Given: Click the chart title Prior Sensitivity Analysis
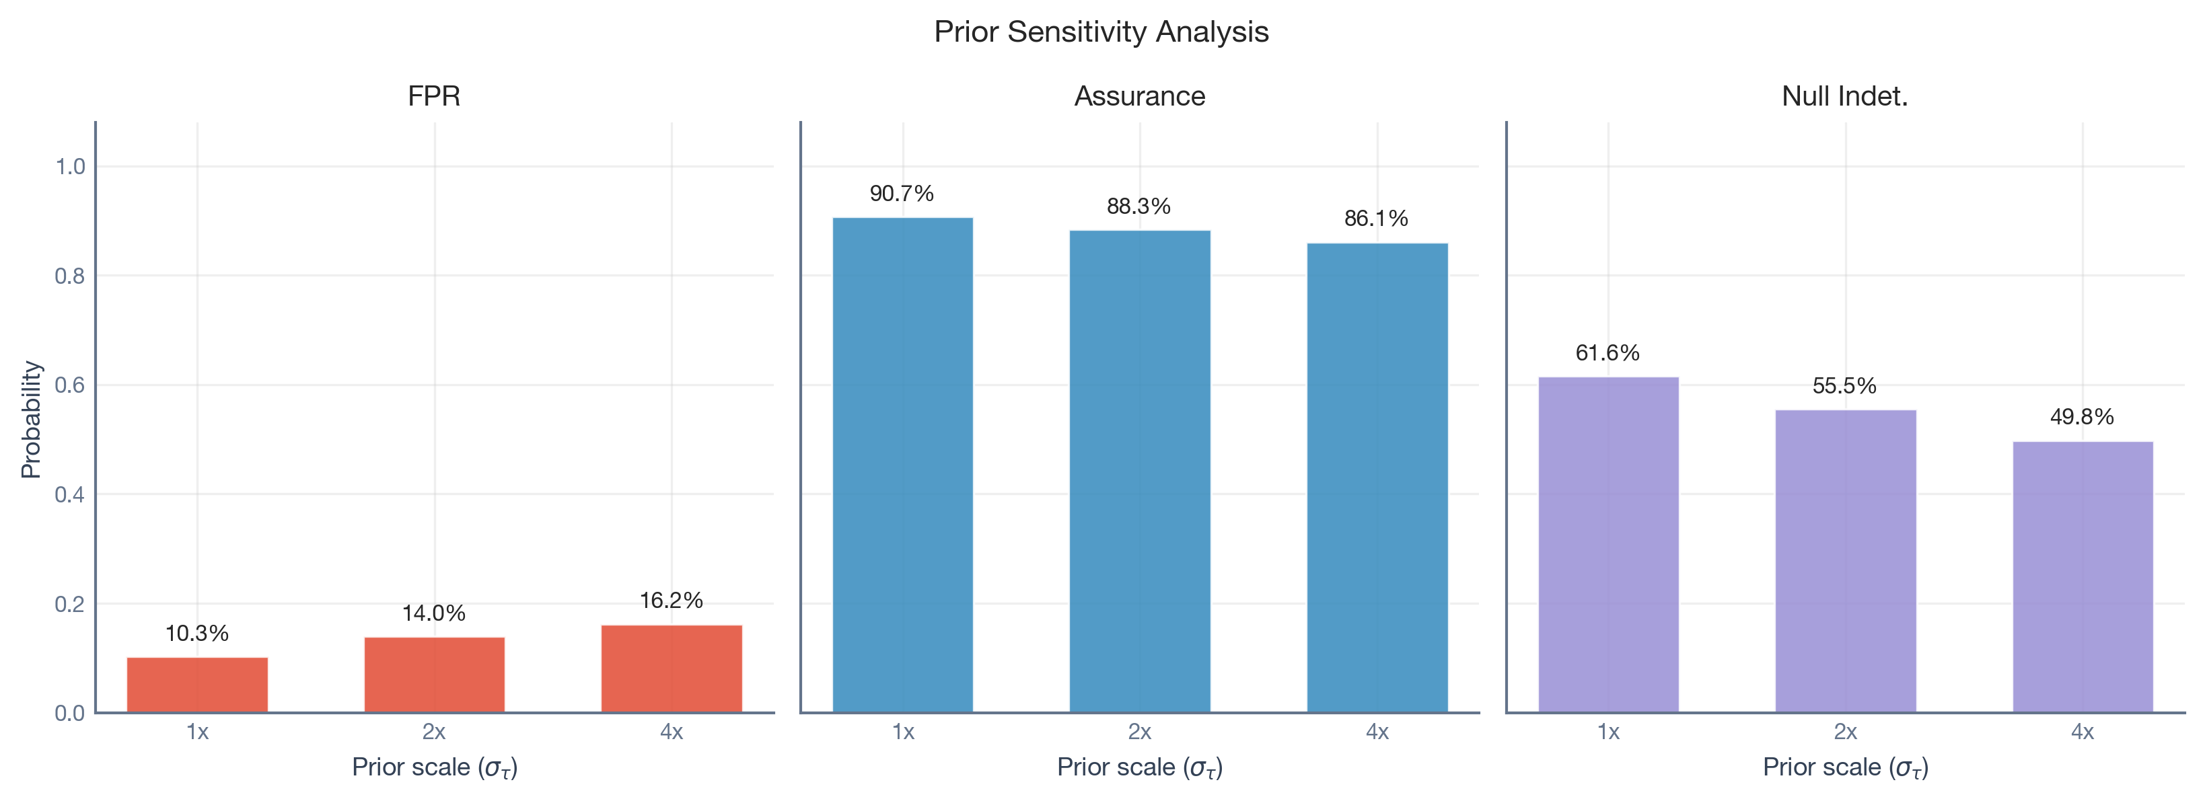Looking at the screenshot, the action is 1101,32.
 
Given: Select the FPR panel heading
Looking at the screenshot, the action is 434,96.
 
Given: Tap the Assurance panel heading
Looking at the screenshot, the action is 1139,96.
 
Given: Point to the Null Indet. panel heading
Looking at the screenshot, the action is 1844,96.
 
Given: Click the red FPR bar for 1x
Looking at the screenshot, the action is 197,685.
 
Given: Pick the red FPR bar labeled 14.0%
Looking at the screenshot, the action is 434,675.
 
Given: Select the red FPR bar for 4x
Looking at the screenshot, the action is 671,669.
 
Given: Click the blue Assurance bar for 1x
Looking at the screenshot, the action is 902,465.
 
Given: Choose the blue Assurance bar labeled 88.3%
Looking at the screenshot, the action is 1139,471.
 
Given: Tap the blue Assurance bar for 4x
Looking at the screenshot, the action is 1377,478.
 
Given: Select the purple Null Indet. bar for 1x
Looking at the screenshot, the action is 1608,544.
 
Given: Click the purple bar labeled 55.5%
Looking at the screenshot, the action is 1846,560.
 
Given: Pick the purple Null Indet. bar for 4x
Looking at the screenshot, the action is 2083,577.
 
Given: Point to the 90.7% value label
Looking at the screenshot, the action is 902,194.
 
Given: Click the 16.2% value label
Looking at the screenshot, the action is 671,600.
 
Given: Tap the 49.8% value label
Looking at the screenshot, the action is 2082,417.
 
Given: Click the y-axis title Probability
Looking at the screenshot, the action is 31,418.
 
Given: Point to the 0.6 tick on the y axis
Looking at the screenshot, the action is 70,385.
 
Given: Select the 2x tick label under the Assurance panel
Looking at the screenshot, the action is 1139,732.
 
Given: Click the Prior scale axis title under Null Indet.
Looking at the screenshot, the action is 1844,767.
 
